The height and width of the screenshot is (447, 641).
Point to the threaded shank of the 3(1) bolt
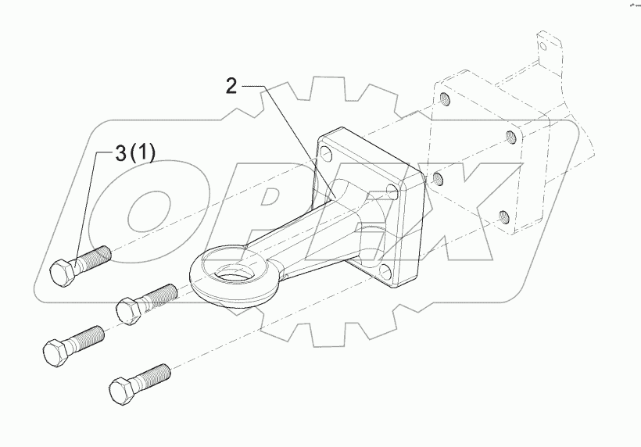92,256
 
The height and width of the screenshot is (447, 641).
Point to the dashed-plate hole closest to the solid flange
439,180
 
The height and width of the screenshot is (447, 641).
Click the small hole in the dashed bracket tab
543,47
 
